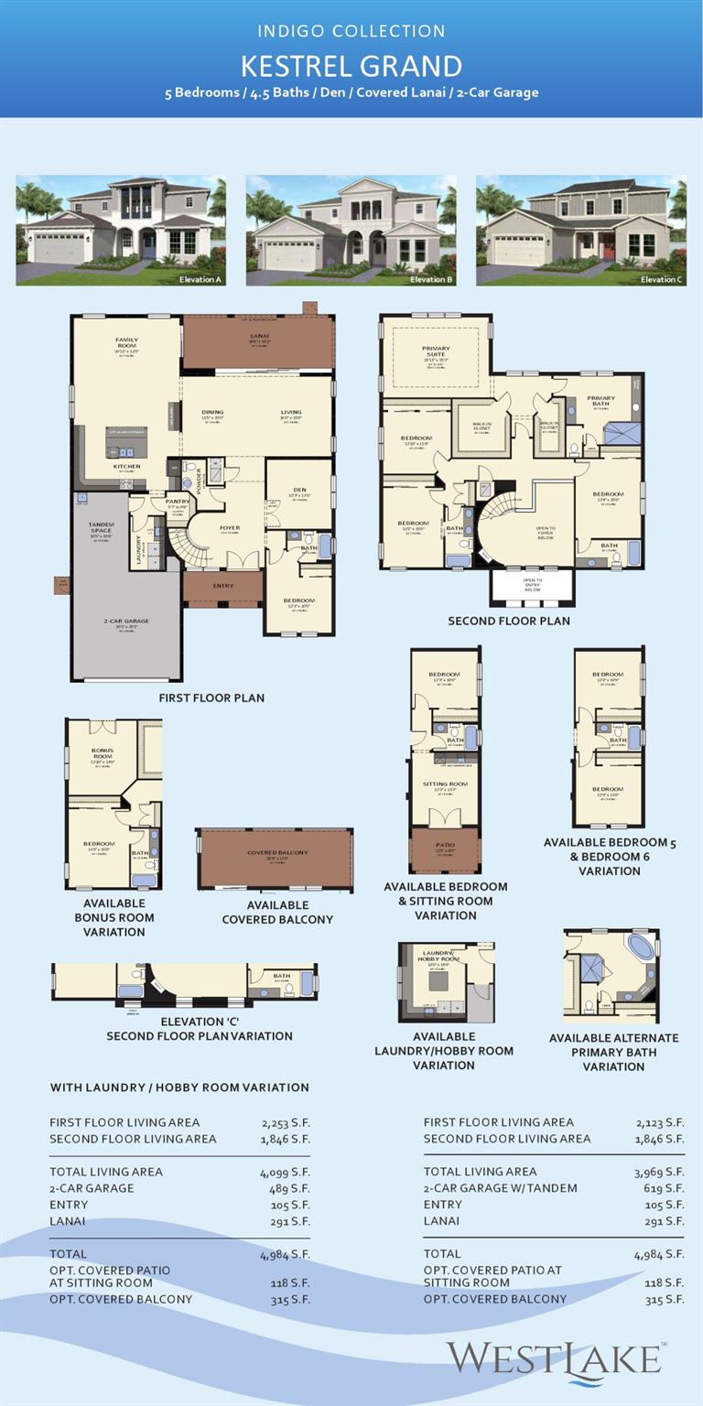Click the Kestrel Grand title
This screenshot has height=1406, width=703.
pos(351,66)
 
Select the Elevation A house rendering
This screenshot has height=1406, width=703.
pos(121,231)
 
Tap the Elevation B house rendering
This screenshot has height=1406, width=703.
pos(351,231)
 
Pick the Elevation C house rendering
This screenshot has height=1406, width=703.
pos(581,231)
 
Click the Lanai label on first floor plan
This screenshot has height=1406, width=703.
pos(260,337)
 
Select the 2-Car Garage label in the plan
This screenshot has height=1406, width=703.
pos(126,622)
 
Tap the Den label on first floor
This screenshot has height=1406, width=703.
pos(299,490)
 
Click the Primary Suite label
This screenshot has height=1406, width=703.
pos(436,351)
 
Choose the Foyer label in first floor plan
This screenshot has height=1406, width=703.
pos(229,527)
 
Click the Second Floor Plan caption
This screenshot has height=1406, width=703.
pos(509,621)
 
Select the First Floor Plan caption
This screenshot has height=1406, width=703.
pos(211,698)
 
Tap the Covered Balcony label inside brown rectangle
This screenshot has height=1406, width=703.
pos(277,852)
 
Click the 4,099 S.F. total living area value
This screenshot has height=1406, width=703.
pos(285,1172)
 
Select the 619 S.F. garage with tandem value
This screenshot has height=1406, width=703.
pos(665,1188)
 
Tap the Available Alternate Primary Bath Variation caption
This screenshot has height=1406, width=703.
pos(613,1052)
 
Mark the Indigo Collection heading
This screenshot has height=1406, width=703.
pos(351,31)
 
